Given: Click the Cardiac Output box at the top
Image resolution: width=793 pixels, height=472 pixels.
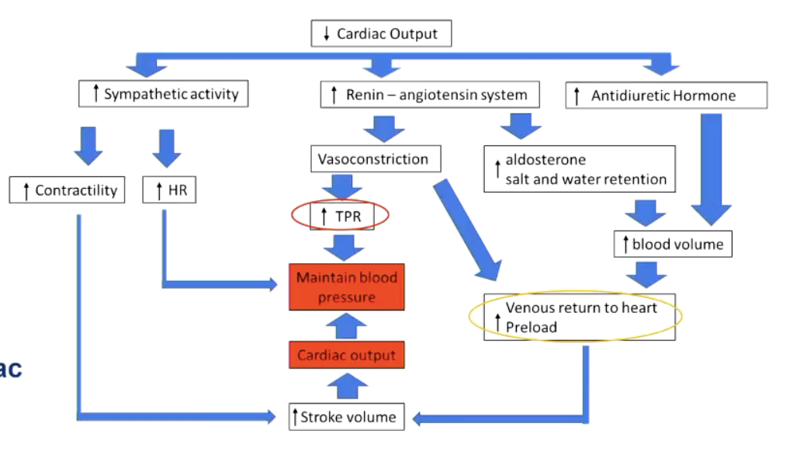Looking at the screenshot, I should tap(381, 33).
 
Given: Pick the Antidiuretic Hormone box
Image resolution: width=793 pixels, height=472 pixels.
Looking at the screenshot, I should tap(667, 96).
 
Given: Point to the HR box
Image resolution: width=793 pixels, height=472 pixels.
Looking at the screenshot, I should tap(170, 190).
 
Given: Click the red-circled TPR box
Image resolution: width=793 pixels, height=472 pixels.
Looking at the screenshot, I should tap(341, 217).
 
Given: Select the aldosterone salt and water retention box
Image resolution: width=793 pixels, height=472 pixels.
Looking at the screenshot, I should tap(579, 170).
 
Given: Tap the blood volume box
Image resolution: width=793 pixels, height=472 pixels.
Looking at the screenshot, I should tap(673, 245).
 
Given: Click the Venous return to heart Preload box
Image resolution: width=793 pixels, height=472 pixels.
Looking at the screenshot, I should tap(579, 317).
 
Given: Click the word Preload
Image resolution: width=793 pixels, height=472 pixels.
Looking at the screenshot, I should tap(532, 327).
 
